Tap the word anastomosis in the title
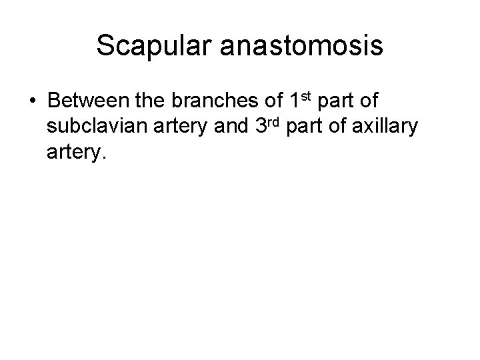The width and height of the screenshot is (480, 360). tap(307, 46)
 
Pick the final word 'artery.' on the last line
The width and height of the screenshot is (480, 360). tap(77, 154)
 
